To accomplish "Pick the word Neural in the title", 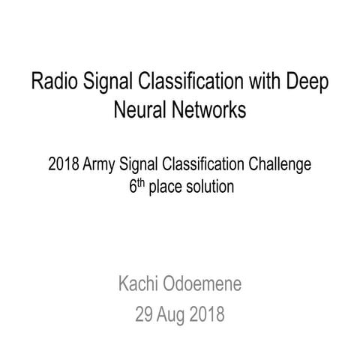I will coord(139,110).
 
